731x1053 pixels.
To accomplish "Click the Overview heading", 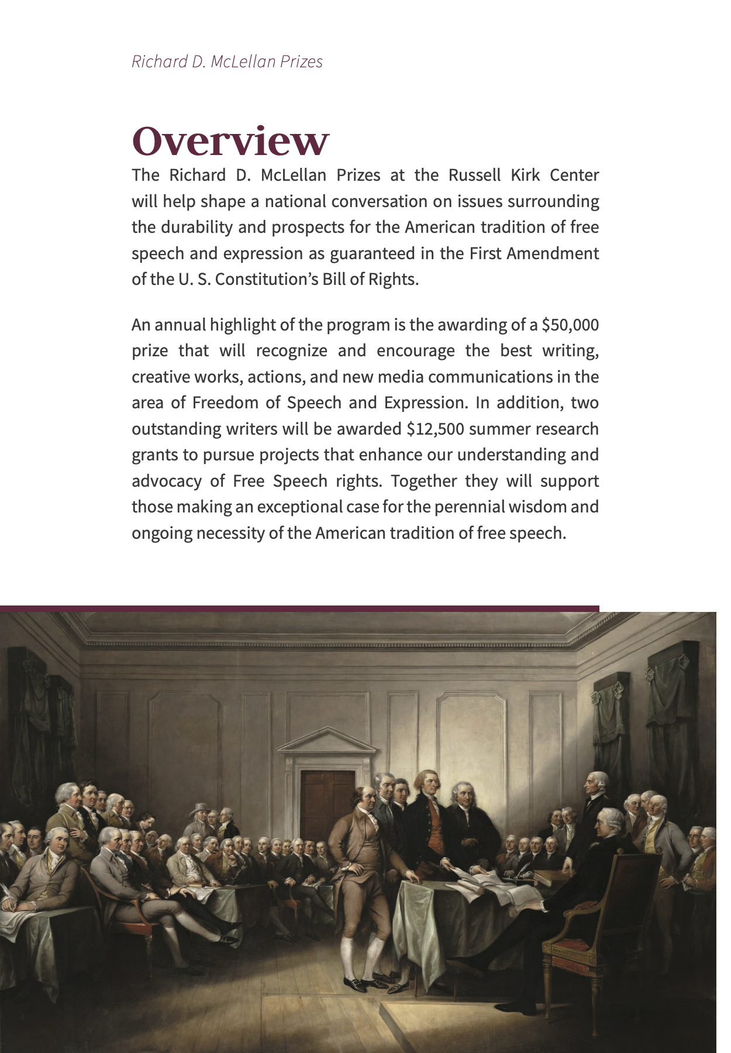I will (x=230, y=142).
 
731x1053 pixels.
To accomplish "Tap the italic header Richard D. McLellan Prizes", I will (x=227, y=61).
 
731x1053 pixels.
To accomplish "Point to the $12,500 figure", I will (x=435, y=429).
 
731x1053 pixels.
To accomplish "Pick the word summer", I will (x=495, y=429).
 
